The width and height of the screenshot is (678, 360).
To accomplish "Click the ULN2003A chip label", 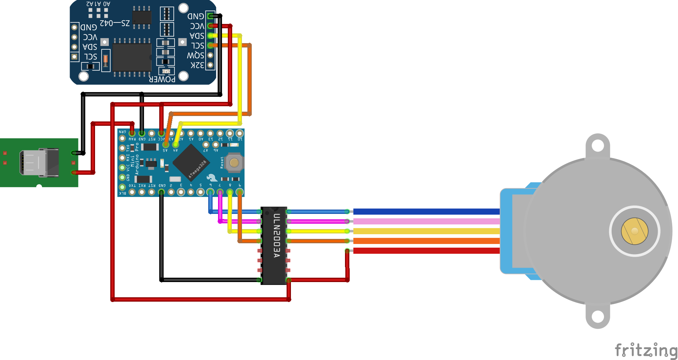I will [276, 236].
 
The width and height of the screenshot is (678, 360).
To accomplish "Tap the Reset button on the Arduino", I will [234, 163].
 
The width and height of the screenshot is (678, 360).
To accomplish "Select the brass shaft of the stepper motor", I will [634, 231].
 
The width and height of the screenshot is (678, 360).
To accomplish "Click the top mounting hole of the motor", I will [597, 146].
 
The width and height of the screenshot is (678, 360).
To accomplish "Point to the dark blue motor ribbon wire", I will [426, 212].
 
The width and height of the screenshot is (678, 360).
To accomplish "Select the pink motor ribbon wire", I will [426, 221].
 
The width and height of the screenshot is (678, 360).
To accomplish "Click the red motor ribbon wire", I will [426, 251].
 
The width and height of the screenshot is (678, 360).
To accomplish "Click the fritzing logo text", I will [646, 350].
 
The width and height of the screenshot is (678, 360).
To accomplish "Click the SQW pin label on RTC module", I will [196, 55].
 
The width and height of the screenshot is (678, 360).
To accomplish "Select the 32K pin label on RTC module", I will [197, 65].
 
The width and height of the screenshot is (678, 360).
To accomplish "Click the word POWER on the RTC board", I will [162, 79].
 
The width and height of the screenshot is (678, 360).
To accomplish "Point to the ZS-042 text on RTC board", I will [115, 23].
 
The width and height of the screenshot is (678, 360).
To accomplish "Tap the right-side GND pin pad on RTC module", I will [210, 16].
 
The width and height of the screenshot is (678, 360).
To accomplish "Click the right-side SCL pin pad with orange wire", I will [210, 46].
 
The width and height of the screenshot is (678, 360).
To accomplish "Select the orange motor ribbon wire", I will [426, 241].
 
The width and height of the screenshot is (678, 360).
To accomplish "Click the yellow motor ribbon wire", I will [426, 231].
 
